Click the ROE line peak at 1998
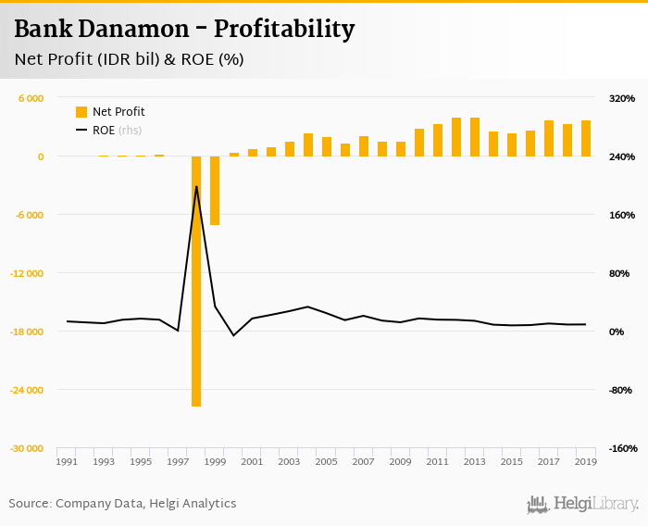coord(196,187)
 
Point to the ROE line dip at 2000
coord(233,334)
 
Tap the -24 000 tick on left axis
coord(27,390)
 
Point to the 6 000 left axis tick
coord(31,98)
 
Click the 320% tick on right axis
coord(622,98)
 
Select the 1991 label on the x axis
coord(67,461)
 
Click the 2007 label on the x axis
coord(363,461)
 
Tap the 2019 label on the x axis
coord(585,461)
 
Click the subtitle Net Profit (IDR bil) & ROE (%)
coord(129,59)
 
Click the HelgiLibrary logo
coord(583,505)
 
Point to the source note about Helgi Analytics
coord(122,504)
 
